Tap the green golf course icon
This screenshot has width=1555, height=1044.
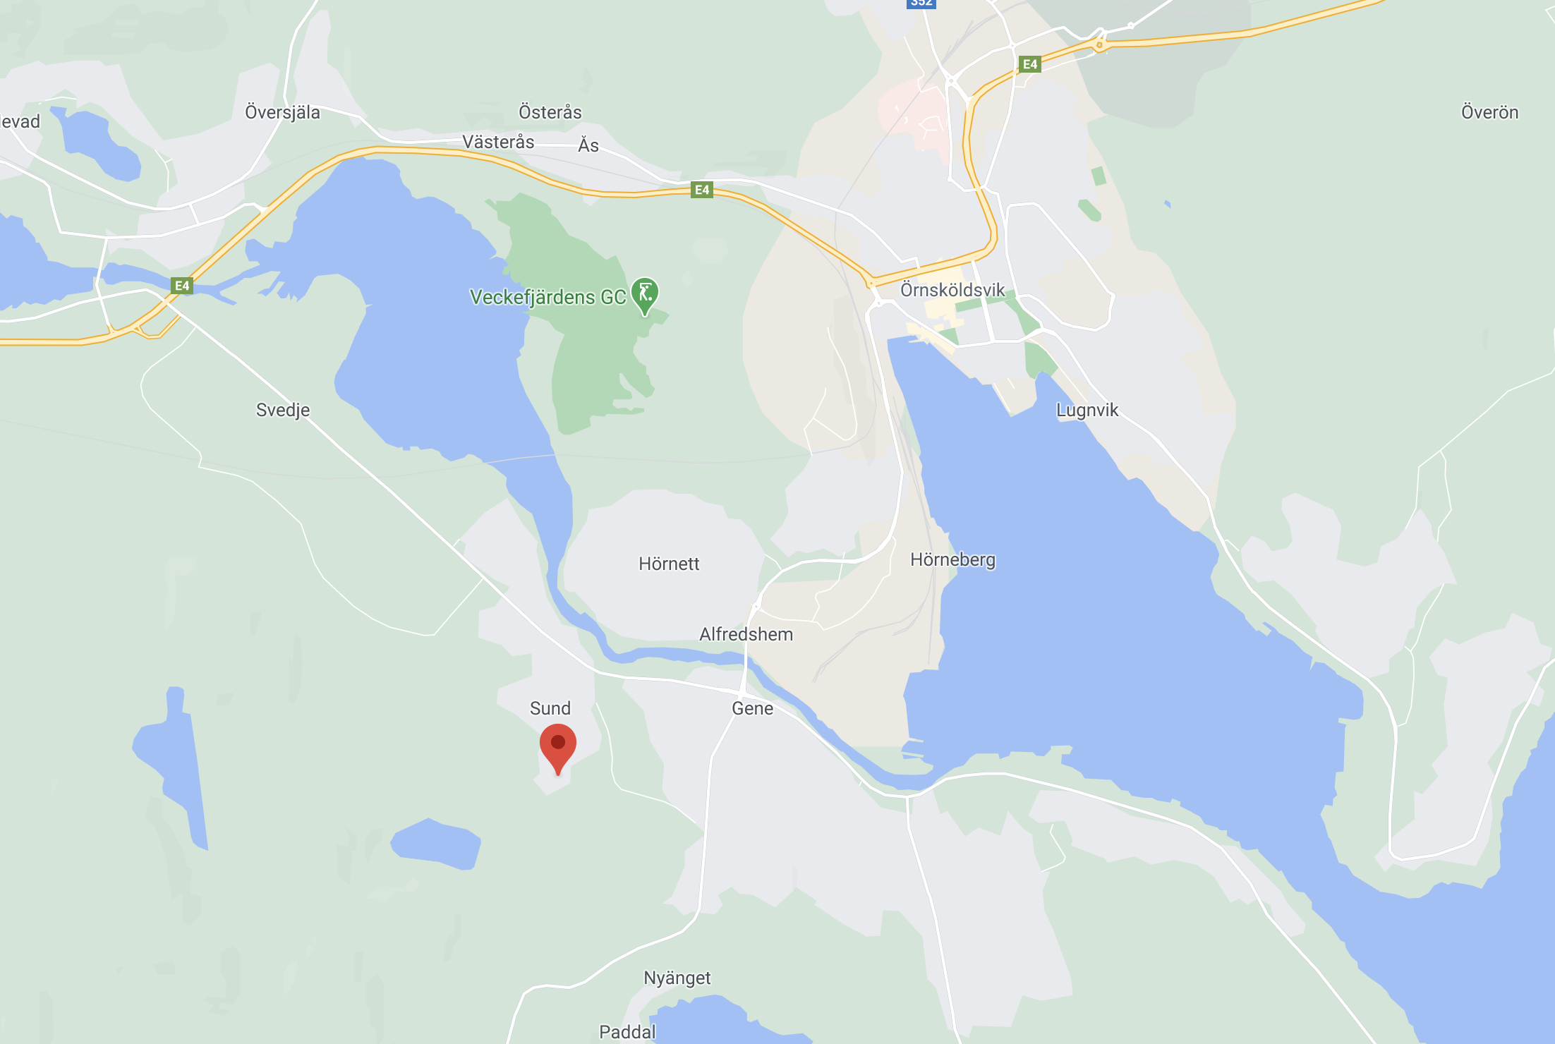645,293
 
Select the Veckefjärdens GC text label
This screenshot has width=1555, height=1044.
547,297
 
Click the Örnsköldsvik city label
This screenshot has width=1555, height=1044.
952,290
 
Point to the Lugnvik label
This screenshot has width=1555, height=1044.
1087,410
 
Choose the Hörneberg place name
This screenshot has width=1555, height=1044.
952,559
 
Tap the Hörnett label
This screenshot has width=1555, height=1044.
668,564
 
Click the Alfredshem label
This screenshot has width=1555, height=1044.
746,634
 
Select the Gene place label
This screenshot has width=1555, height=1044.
752,708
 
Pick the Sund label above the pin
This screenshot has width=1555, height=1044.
550,708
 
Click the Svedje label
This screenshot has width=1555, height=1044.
282,410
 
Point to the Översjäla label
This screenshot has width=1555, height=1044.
282,112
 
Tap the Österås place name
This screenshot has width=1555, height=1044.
550,112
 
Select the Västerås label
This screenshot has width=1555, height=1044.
498,142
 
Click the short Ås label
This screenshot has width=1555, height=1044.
588,145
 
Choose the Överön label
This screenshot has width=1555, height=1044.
1489,112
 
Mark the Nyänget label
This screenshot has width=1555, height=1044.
677,978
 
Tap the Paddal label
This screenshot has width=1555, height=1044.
627,1032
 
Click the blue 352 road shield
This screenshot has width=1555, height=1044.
921,4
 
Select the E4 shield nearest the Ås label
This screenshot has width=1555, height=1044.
701,190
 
